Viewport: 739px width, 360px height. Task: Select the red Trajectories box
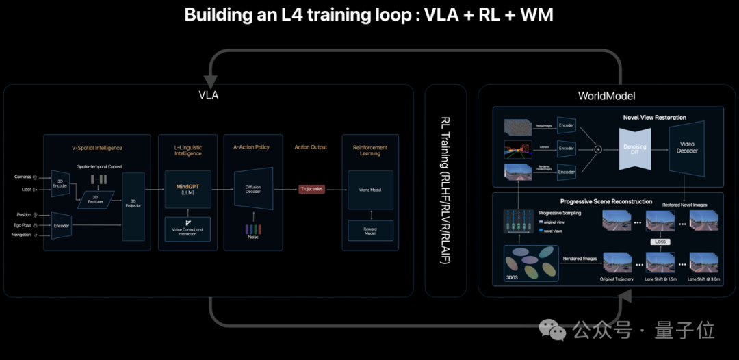click(311, 189)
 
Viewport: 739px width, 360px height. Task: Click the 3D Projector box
click(133, 203)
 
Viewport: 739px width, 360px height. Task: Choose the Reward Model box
click(370, 231)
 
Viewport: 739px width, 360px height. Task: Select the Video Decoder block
click(687, 147)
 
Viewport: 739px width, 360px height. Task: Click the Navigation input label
click(21, 235)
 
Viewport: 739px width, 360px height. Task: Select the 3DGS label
click(513, 278)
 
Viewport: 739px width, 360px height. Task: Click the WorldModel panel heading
click(607, 95)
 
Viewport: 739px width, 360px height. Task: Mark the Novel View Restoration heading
click(654, 118)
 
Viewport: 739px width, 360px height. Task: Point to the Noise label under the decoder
click(254, 236)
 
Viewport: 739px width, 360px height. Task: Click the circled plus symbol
click(597, 148)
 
